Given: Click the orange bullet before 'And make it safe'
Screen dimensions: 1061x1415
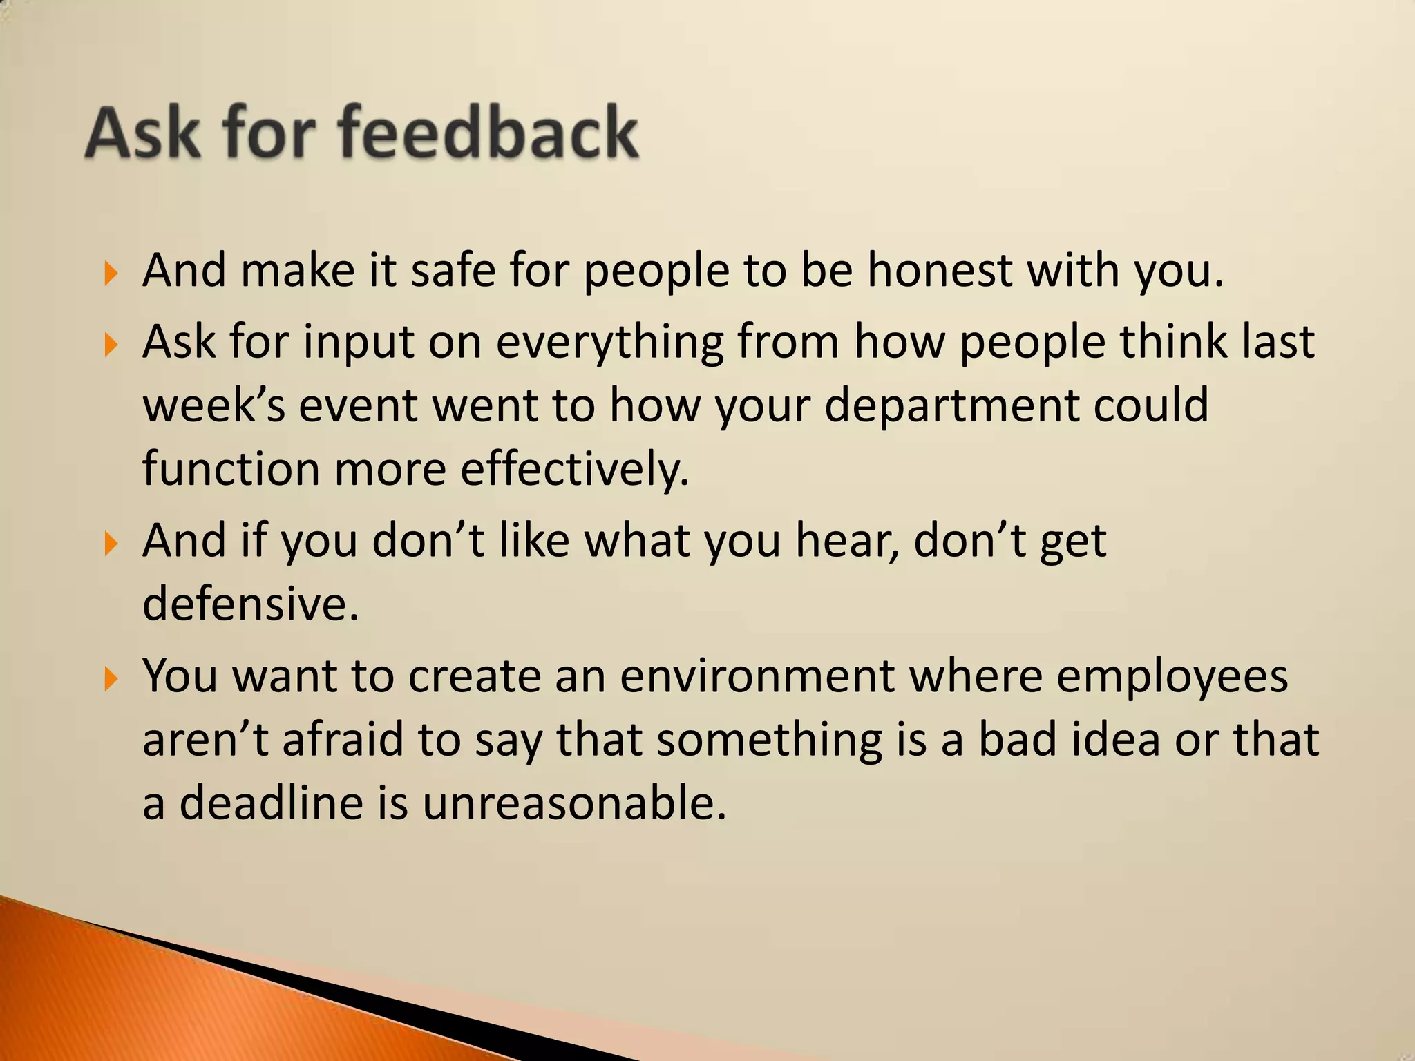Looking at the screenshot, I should (x=111, y=274).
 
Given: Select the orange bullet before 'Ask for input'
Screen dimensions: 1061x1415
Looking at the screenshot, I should (x=111, y=344).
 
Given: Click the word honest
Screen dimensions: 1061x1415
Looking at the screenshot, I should (x=940, y=270).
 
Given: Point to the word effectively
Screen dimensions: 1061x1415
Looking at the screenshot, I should (x=575, y=470).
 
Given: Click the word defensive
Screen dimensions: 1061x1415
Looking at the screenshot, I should (x=250, y=604).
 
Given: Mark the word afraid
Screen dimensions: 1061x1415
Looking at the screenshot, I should (x=342, y=740).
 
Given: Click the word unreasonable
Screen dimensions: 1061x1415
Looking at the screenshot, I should (x=574, y=803).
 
